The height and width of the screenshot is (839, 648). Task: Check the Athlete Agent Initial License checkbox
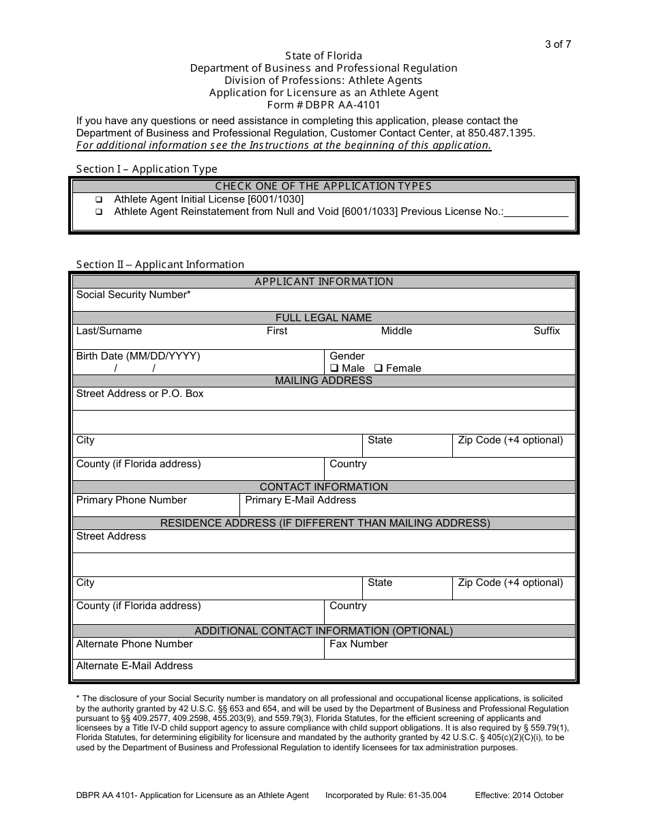click(99, 200)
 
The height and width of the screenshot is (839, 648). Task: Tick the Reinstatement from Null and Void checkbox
click(99, 212)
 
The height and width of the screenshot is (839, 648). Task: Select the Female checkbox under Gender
click(379, 368)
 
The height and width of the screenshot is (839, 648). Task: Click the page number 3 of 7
click(557, 45)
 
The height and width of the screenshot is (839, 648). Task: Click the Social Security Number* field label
click(133, 295)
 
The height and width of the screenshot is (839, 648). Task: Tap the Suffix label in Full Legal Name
click(546, 331)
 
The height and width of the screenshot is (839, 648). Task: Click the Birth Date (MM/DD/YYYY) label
click(138, 356)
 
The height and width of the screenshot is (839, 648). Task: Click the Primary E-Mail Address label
click(300, 500)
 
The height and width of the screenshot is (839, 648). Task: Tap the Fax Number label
click(358, 644)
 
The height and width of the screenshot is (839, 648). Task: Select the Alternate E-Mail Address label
click(134, 666)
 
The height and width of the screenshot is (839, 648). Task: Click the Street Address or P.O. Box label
click(140, 394)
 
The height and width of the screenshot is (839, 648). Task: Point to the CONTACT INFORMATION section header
click(323, 487)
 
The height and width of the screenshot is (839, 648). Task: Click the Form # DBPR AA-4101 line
click(323, 105)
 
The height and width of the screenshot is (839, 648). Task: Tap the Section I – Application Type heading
click(147, 169)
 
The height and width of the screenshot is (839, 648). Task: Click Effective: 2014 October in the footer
click(519, 795)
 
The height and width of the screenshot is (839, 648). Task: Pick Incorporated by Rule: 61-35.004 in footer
click(385, 795)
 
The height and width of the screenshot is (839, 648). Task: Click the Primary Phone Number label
click(131, 500)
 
